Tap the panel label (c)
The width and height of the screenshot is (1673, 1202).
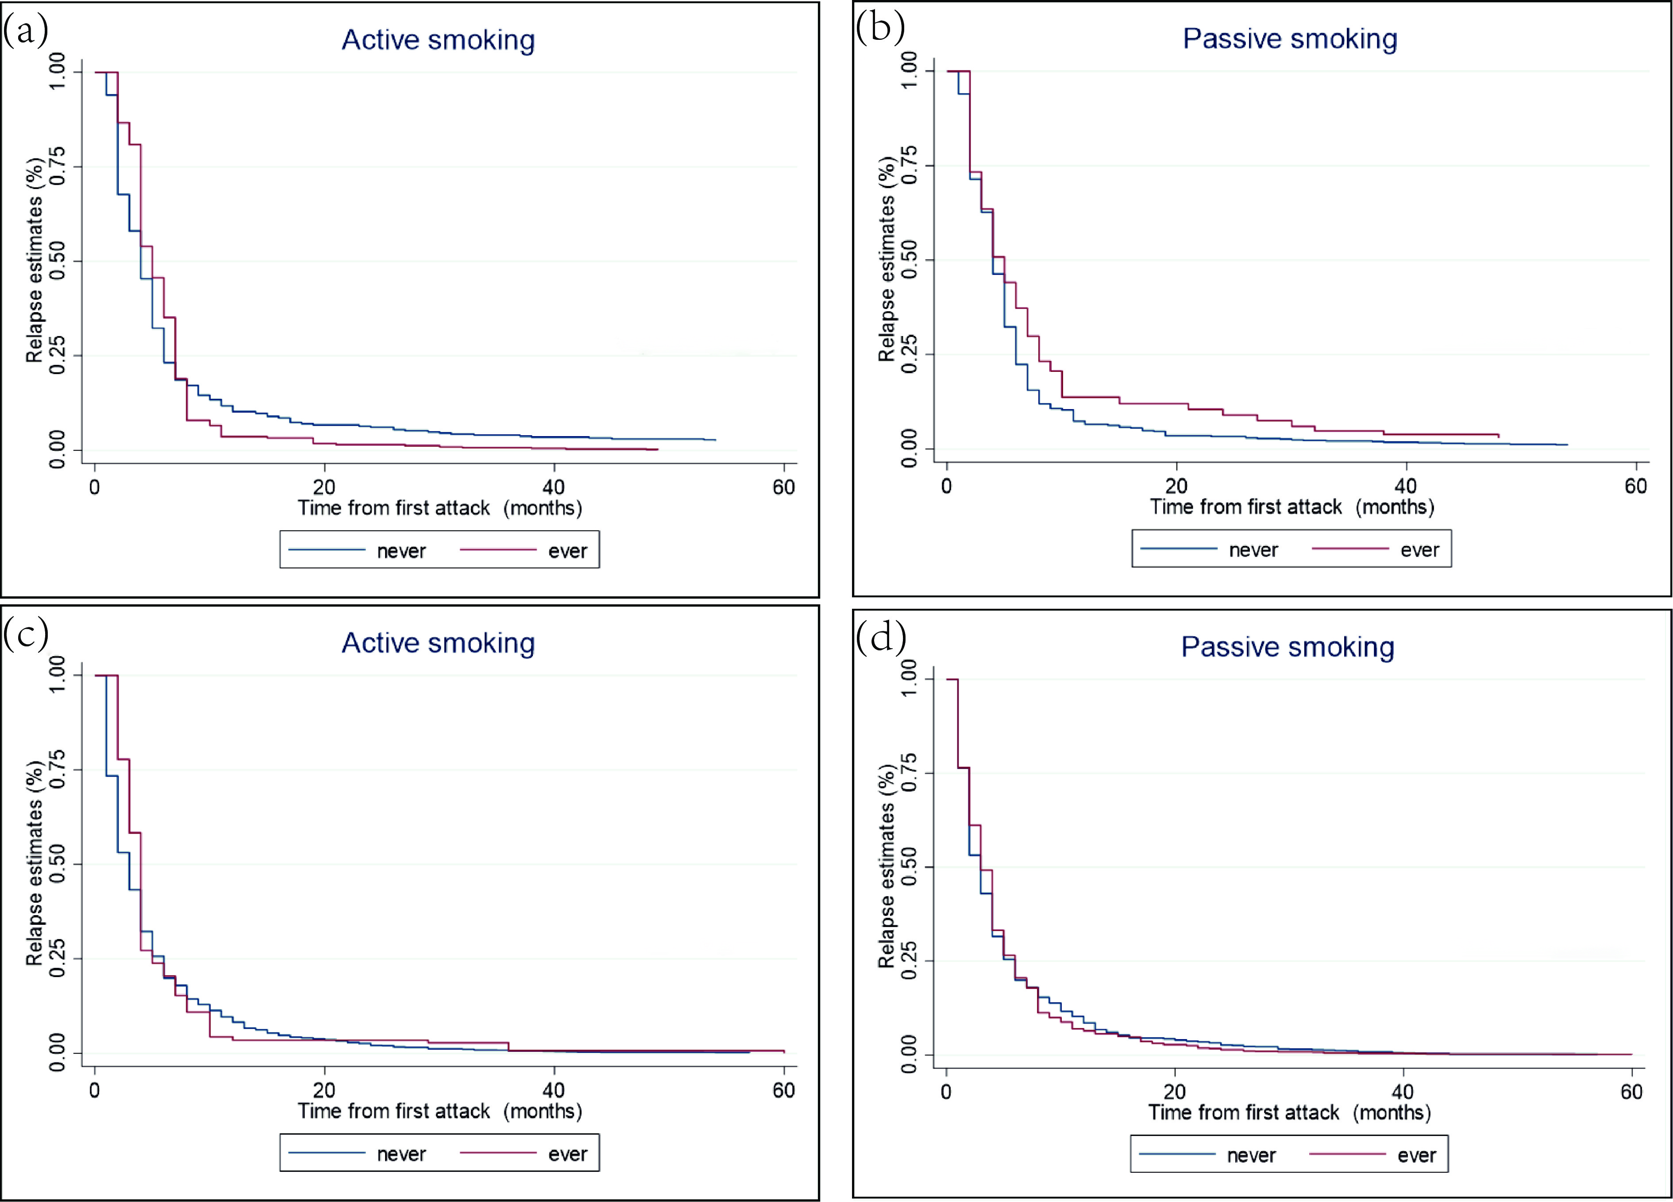pyautogui.click(x=26, y=633)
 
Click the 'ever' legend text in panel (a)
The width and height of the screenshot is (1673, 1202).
pyautogui.click(x=567, y=551)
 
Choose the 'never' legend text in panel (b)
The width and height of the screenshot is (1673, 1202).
pyautogui.click(x=1253, y=550)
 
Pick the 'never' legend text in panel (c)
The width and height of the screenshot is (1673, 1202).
pyautogui.click(x=401, y=1154)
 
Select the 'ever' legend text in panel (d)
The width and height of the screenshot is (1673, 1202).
pyautogui.click(x=1416, y=1156)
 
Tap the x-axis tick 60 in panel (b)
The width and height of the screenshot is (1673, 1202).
pyautogui.click(x=1635, y=486)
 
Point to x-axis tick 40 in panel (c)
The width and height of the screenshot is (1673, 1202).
pyautogui.click(x=553, y=1090)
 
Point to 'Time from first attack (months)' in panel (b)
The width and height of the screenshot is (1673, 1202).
pyautogui.click(x=1291, y=507)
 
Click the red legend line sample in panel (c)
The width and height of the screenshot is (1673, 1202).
pyautogui.click(x=498, y=1152)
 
